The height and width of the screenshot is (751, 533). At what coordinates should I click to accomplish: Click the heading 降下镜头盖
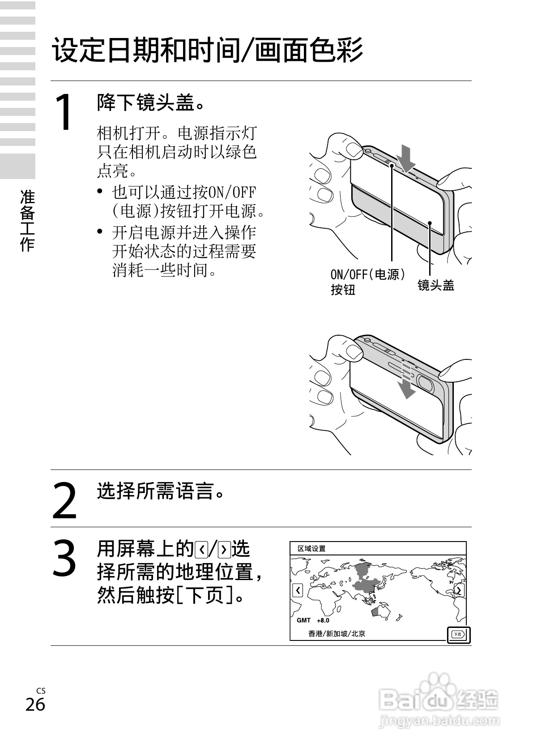(151, 103)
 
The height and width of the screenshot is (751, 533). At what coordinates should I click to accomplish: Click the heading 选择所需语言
(160, 491)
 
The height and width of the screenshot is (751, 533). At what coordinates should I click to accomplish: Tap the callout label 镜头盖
(435, 285)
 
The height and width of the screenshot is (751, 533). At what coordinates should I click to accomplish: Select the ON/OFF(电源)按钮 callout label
(367, 282)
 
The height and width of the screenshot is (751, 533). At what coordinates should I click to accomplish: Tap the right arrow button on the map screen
(459, 590)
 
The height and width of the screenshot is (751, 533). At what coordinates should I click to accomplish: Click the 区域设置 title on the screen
(312, 549)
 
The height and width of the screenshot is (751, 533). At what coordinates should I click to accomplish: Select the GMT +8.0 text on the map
(313, 620)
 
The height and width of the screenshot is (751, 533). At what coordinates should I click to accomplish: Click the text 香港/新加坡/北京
(337, 633)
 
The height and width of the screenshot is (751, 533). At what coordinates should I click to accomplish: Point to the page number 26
(35, 704)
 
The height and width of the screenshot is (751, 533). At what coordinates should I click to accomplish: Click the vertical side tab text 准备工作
(27, 220)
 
